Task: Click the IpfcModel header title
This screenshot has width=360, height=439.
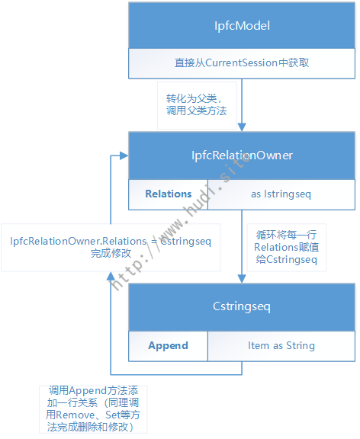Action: pos(242,26)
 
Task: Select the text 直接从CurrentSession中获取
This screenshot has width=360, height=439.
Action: pos(242,62)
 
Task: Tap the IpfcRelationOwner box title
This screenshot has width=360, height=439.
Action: pos(242,155)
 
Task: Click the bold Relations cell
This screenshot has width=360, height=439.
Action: pos(168,194)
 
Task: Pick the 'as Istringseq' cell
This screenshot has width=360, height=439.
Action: pos(281,194)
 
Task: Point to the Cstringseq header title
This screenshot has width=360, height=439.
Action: pos(242,306)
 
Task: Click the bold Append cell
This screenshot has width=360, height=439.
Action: pos(168,345)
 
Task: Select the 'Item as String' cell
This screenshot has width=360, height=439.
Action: pos(281,345)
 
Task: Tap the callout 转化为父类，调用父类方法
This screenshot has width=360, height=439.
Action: pos(196,104)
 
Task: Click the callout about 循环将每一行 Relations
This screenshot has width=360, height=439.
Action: pos(286,247)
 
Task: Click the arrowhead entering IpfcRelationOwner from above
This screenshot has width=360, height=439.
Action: pos(242,127)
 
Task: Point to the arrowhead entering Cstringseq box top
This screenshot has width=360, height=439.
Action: pos(242,279)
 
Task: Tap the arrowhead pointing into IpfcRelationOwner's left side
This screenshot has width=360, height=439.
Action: pos(124,155)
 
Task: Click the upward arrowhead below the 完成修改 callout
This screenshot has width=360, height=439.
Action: pos(111,276)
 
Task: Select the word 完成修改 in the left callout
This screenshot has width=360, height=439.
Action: pos(111,253)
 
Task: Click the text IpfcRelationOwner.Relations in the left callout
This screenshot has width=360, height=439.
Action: pos(79,241)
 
